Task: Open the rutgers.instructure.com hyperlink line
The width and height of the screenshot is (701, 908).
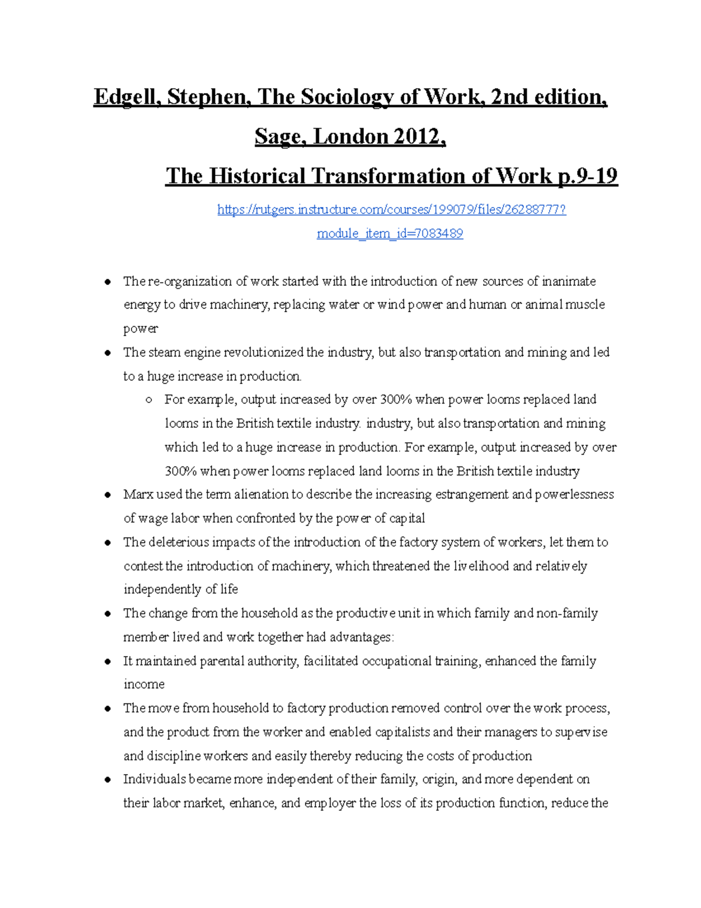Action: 391,209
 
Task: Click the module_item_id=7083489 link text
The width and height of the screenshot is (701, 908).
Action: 390,233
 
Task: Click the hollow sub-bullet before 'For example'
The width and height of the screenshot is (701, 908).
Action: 149,400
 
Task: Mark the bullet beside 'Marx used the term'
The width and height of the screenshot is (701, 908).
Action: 107,495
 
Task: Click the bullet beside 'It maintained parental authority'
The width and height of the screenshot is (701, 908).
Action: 107,662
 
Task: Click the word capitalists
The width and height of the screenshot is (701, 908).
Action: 402,732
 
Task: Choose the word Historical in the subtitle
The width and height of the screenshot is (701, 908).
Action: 257,176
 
